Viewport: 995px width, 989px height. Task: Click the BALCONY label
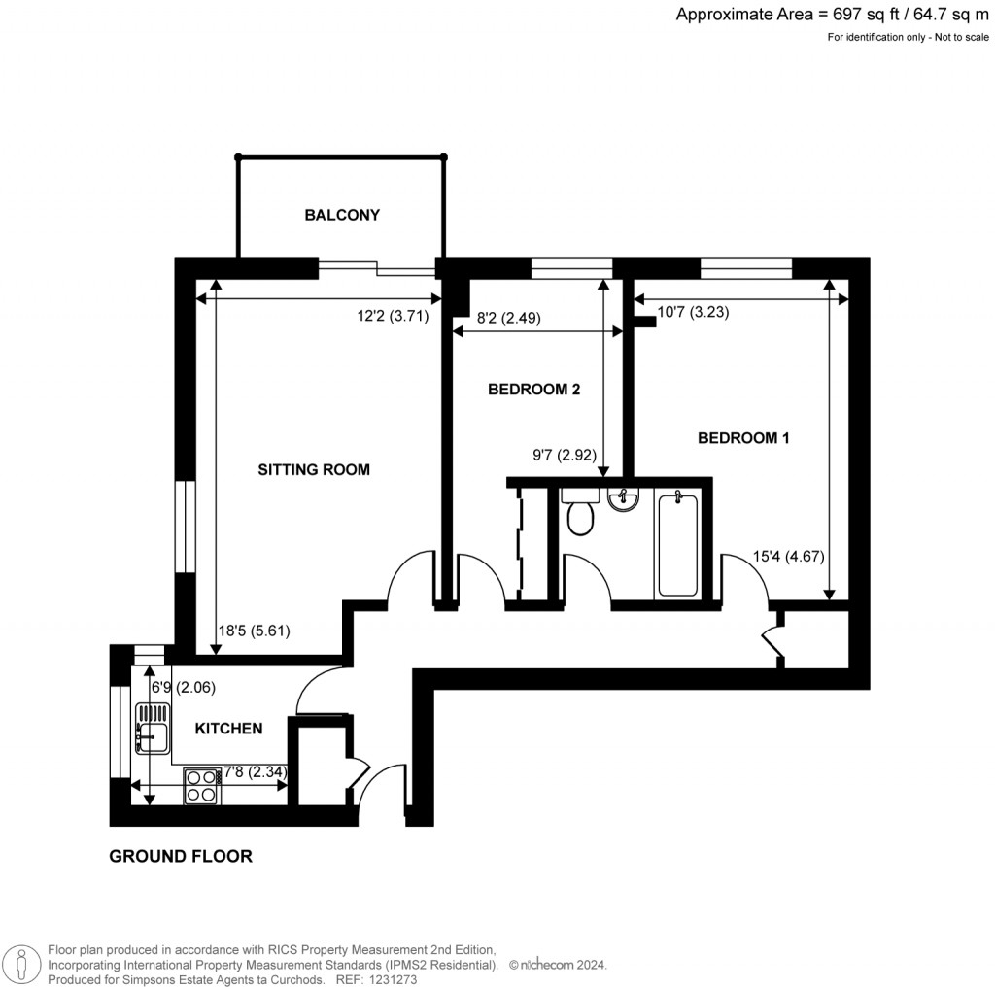[x=341, y=215]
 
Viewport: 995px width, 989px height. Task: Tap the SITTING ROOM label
[x=313, y=469]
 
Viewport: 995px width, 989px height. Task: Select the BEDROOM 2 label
[x=533, y=390]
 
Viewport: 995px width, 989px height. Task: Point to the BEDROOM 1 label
[x=743, y=438]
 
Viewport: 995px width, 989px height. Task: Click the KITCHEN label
[x=228, y=728]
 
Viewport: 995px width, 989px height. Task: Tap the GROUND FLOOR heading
[x=181, y=856]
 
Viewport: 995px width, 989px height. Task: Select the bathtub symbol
[x=677, y=544]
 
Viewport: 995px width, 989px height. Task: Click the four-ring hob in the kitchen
[x=201, y=785]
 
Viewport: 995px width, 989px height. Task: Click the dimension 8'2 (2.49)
[x=509, y=317]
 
